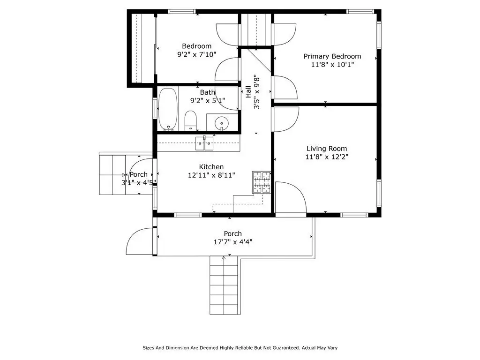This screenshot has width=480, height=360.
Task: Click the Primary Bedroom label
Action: point(332,56)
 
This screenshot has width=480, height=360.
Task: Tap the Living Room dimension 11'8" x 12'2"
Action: point(327,157)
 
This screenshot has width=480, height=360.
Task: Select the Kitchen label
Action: point(211,167)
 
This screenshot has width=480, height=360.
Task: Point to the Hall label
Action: point(248,91)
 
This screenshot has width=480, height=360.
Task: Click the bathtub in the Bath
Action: point(168,109)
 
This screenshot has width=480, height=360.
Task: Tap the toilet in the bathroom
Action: point(191,120)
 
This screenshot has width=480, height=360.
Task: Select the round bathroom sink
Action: point(222,123)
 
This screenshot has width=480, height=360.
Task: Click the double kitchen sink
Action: point(204,143)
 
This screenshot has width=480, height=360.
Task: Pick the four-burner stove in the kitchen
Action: point(262,182)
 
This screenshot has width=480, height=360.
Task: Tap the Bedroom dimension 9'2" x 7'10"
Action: point(197,54)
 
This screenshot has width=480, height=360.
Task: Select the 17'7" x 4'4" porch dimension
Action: point(233,242)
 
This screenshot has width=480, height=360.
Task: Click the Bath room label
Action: point(208,92)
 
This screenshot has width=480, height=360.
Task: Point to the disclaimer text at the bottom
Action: point(240,348)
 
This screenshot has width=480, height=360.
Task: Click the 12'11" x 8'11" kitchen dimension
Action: point(211,175)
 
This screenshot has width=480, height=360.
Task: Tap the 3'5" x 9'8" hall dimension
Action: point(256,91)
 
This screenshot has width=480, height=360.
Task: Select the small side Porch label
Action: point(139,174)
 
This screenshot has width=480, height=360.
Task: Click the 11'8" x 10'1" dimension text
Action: point(332,65)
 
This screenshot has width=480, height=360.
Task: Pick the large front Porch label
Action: point(232,233)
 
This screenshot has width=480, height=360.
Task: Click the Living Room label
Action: point(327,149)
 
